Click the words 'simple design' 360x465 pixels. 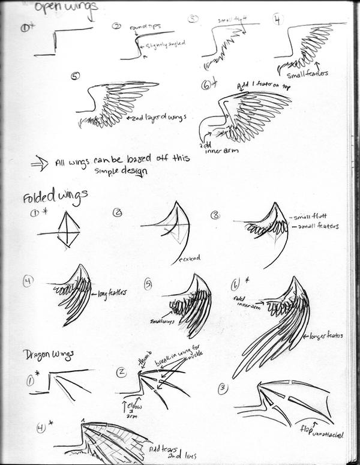(x=121, y=170)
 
